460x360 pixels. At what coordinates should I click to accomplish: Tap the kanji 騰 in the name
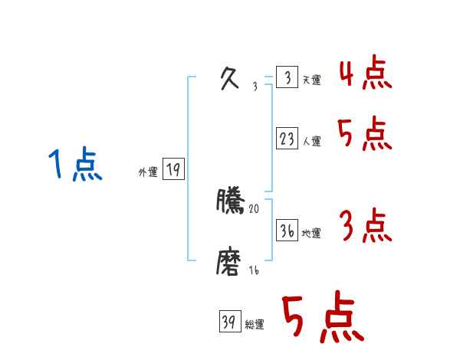[231, 201]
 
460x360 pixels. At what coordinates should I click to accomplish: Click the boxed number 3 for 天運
[287, 78]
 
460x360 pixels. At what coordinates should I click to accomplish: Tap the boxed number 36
[287, 230]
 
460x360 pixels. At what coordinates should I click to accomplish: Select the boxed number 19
[173, 170]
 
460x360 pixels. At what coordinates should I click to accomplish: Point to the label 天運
[312, 80]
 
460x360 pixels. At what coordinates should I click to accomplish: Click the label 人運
[312, 141]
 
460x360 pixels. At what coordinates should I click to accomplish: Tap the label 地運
[312, 233]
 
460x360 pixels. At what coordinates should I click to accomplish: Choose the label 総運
[255, 325]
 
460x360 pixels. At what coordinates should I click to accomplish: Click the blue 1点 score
[75, 165]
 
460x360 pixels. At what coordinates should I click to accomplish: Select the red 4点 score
[365, 74]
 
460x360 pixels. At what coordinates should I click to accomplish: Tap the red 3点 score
[365, 226]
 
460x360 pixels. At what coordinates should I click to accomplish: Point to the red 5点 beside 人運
[365, 135]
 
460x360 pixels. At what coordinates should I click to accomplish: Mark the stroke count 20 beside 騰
[255, 208]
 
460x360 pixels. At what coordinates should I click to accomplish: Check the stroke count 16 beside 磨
[254, 270]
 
